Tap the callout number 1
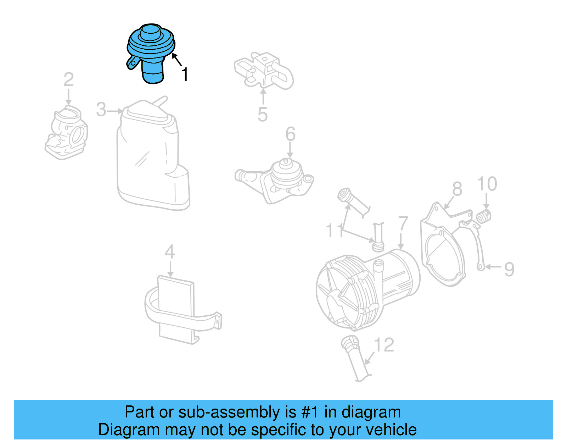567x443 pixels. pos(185,75)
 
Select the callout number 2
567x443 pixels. pos(69,80)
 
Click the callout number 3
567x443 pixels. pos(101,110)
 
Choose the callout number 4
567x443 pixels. pos(170,252)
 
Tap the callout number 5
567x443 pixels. pos(263,114)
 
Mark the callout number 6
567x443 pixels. pos(291,134)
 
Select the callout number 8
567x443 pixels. pos(457,189)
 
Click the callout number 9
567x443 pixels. pos(509,269)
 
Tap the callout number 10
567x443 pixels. pos(487,184)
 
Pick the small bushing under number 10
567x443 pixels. pos(484,216)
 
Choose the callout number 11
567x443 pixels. pos(335,231)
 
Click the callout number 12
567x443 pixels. pos(384,345)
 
